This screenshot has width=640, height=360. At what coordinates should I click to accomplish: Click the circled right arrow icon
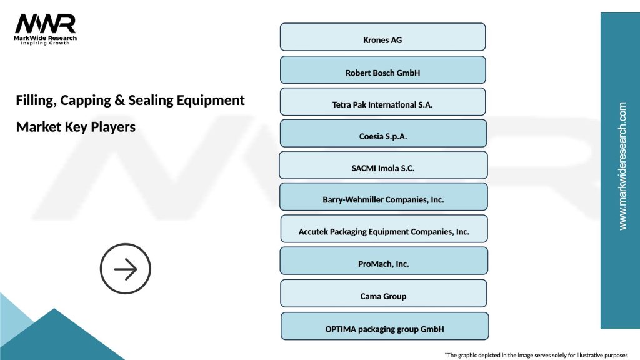pos(126,269)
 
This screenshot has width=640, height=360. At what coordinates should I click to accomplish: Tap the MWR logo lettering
pos(45,24)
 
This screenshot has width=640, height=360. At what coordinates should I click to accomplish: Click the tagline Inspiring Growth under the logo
pos(45,44)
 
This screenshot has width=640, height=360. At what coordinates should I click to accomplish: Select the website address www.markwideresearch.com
pos(622,166)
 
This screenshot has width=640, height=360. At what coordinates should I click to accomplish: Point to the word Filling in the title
pos(35,101)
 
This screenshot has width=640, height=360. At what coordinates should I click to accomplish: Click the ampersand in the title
pos(118,101)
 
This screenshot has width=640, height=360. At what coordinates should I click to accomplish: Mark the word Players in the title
pos(113,127)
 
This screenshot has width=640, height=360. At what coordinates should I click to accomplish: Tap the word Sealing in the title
pos(150,101)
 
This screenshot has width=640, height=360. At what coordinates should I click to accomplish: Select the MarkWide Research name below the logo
pos(45,38)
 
